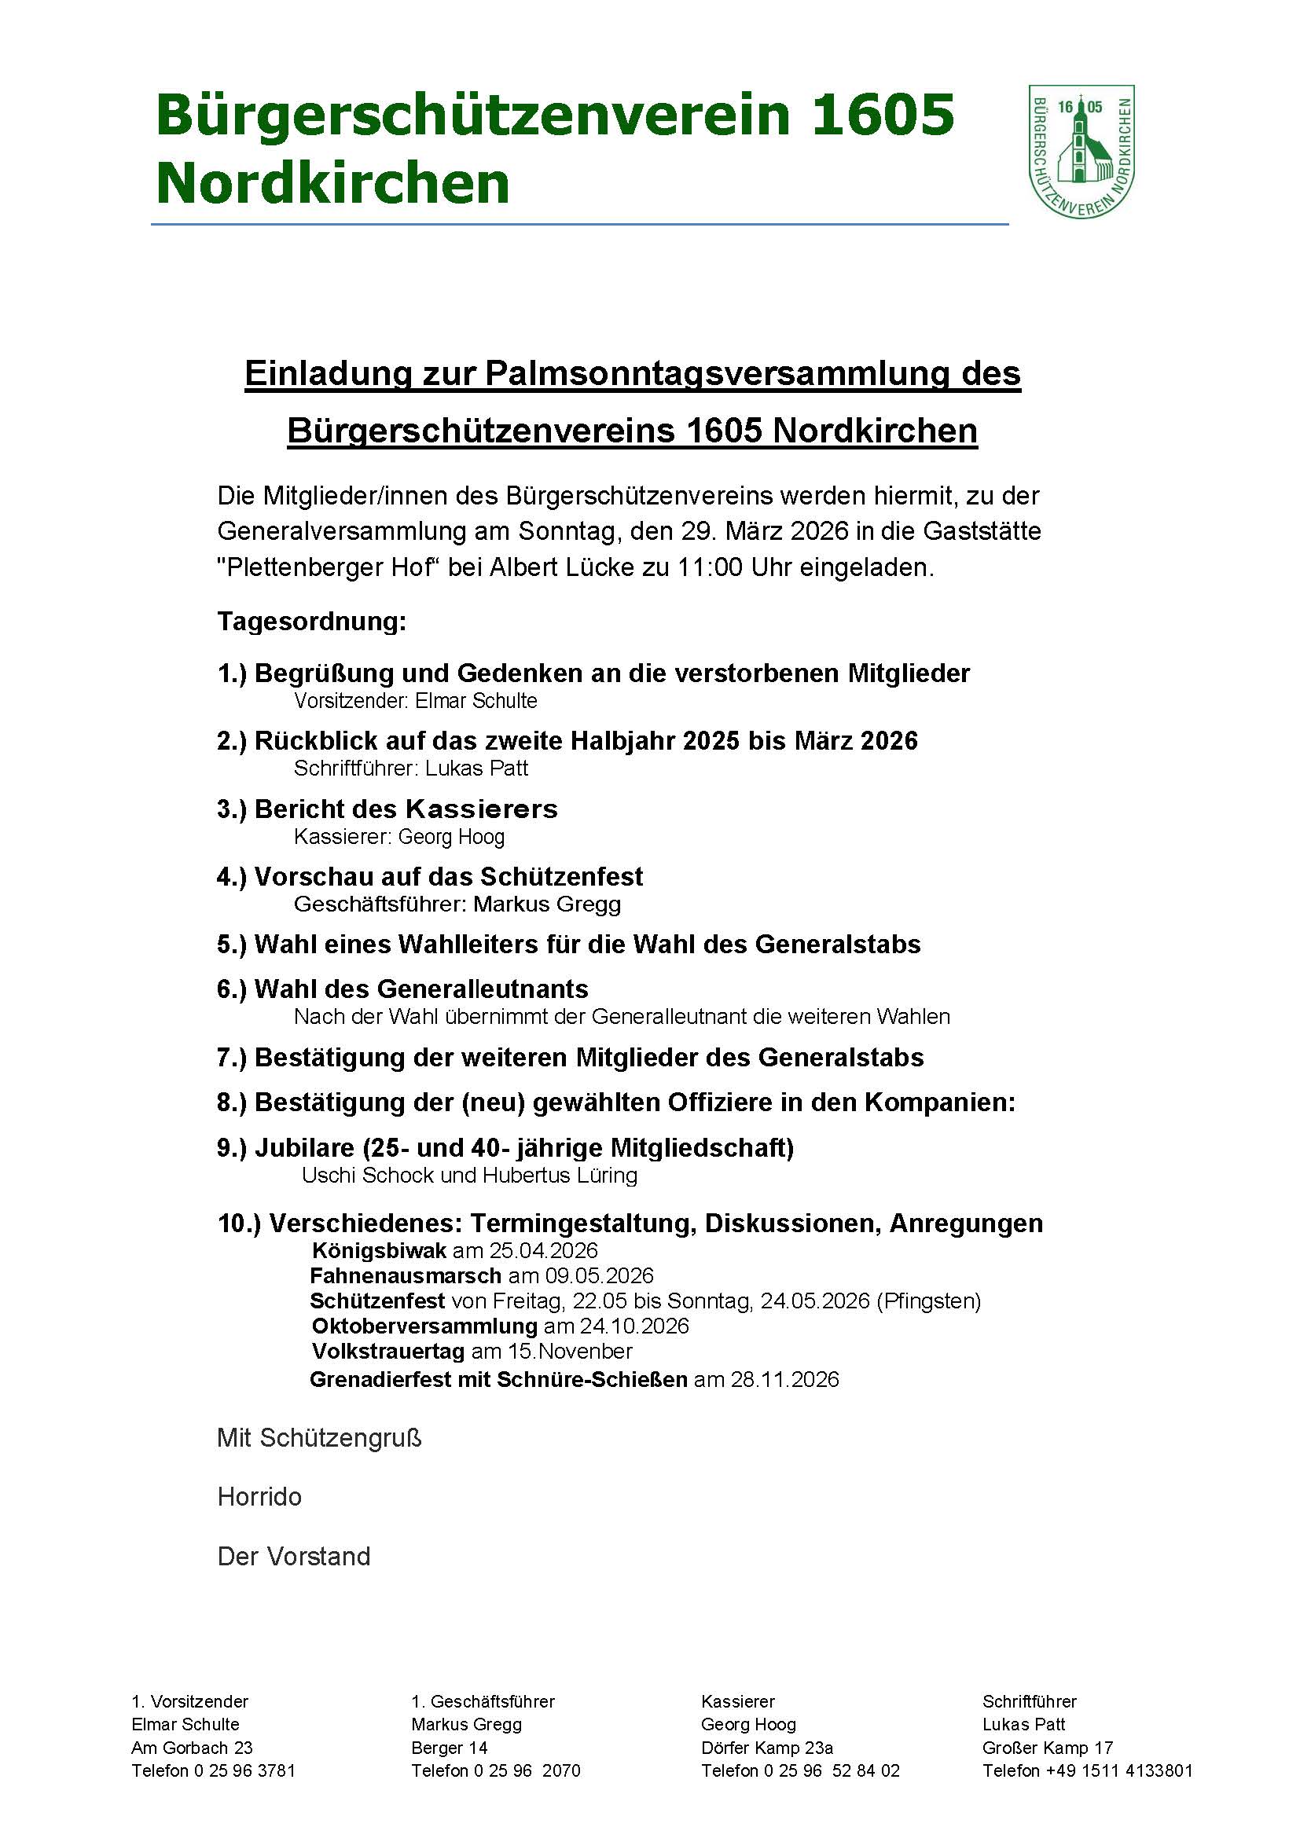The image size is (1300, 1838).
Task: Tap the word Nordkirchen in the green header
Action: (332, 182)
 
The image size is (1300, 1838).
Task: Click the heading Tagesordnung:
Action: (311, 622)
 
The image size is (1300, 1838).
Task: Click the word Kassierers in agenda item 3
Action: (481, 809)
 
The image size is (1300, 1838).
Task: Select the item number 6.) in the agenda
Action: (232, 989)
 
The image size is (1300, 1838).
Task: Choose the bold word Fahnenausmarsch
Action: (406, 1275)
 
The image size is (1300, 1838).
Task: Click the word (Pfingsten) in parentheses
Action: (928, 1301)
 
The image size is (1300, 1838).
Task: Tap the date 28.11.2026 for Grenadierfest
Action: (784, 1379)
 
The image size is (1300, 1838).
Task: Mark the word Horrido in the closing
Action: (259, 1497)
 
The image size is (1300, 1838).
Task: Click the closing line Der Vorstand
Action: (294, 1556)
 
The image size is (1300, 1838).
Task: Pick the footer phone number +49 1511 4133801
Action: (1119, 1770)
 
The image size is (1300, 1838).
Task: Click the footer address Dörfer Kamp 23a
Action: (767, 1748)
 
